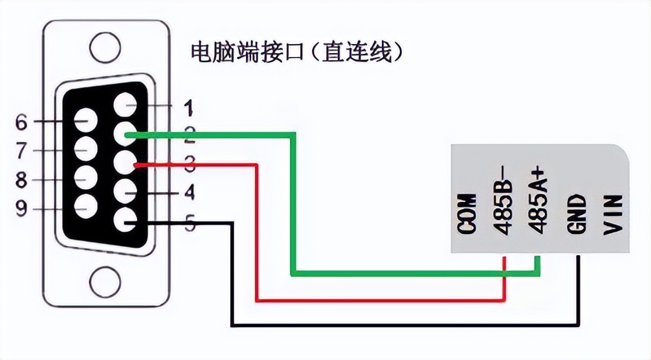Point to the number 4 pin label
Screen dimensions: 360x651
[188, 192]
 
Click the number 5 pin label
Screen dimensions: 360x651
[188, 223]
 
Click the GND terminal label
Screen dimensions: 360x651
[577, 214]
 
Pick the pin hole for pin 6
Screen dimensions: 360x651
[85, 120]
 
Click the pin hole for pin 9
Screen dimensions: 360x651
[85, 207]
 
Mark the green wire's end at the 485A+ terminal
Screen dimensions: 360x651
[537, 259]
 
